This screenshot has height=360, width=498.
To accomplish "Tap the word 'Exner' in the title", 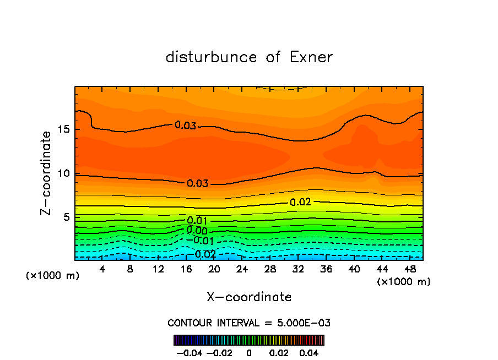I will (311, 57).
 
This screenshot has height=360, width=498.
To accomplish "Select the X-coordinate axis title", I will (249, 297).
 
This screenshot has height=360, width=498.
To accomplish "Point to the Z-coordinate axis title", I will (47, 173).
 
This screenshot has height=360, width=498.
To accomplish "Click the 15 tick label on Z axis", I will (63, 130).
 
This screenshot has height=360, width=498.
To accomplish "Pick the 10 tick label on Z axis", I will (63, 173).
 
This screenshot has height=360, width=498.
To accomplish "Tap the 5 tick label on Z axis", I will (66, 217).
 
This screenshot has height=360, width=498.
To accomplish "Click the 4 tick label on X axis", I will (102, 269).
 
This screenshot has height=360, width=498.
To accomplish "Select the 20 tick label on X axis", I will (214, 269).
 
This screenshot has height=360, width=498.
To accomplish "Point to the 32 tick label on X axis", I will (298, 269).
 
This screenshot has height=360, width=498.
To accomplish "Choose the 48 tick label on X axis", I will (410, 269).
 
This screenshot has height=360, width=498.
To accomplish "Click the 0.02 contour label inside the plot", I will (301, 202).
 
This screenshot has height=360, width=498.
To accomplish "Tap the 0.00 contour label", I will (197, 230).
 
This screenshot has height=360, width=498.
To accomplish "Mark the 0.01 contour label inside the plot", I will (197, 221).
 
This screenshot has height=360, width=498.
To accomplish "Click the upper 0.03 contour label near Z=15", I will (185, 126).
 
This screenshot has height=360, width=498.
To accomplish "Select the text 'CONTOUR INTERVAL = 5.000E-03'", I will (249, 323).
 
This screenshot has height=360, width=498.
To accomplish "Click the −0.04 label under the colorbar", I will (190, 352).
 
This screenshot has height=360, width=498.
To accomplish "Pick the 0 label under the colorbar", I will (249, 352).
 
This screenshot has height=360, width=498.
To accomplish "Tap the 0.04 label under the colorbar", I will (308, 352).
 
